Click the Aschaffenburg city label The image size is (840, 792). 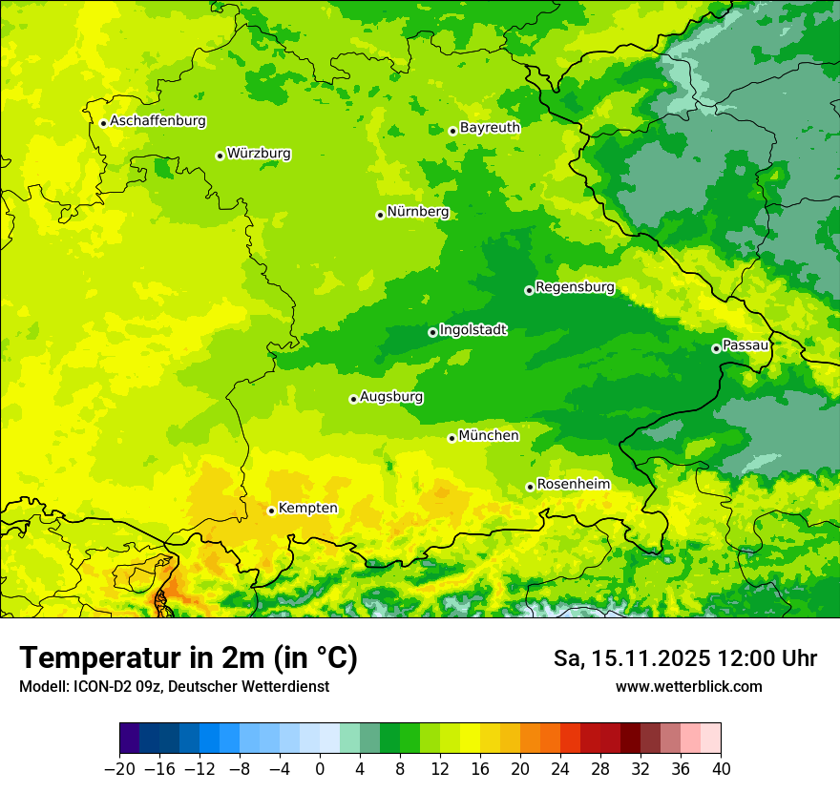point(157,121)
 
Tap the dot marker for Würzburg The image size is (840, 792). point(220,156)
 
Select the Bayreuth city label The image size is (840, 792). point(490,127)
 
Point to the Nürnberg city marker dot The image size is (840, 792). point(380,215)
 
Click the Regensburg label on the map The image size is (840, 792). point(575,286)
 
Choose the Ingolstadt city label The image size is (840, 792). point(472,329)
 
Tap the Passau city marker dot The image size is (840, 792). point(716,348)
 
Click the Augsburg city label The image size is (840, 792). point(391,396)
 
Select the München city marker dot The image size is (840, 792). point(451,438)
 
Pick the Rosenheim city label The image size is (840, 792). point(573,484)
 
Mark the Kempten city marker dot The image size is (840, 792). point(271,511)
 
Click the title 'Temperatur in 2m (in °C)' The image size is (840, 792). point(188,657)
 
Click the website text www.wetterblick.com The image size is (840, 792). point(688,686)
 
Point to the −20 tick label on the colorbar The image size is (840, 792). point(119,769)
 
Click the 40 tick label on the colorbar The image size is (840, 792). point(721,769)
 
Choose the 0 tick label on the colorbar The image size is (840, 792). point(320,769)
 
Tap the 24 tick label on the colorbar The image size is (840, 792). point(560,769)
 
